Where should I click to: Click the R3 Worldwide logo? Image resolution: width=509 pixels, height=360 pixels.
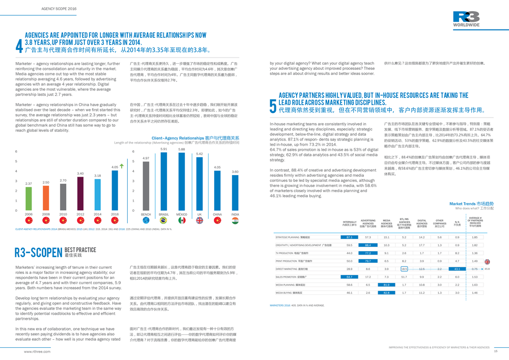(x=466, y=19)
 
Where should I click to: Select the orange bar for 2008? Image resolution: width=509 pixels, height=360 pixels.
(x=46, y=198)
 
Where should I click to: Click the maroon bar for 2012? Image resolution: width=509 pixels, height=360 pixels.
(x=80, y=193)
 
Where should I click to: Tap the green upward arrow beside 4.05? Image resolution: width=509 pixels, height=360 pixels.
(x=122, y=166)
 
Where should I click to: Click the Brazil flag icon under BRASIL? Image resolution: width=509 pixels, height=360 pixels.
(x=164, y=220)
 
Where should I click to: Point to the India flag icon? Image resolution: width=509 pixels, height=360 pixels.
(x=235, y=220)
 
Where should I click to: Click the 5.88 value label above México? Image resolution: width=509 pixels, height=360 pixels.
(x=182, y=149)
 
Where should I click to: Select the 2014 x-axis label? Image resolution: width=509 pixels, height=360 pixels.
(x=98, y=215)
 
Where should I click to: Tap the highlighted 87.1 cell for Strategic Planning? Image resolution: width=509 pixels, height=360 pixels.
(x=349, y=237)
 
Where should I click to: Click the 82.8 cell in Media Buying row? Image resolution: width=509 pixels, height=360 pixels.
(x=386, y=293)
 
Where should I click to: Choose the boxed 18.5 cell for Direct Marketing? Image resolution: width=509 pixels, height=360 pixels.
(x=404, y=269)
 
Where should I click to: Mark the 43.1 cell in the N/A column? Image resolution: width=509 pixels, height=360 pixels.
(x=457, y=269)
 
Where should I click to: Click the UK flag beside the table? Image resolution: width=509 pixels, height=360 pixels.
(x=487, y=261)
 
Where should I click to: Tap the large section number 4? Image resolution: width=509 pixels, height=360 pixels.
(x=19, y=46)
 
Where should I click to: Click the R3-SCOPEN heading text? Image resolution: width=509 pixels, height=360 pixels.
(x=38, y=252)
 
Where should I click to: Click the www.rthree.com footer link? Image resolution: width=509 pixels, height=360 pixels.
(x=37, y=351)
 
